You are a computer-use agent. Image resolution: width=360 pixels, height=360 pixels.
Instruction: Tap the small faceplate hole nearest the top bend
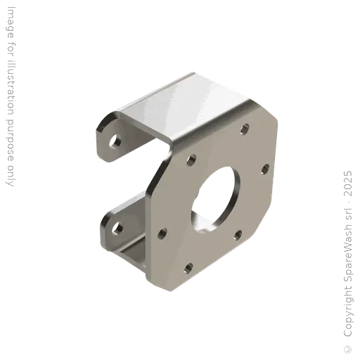[x=245, y=129]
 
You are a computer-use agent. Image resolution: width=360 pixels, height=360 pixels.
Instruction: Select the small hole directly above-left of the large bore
[x=191, y=160]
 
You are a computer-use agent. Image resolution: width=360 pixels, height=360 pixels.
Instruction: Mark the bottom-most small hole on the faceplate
[x=188, y=268]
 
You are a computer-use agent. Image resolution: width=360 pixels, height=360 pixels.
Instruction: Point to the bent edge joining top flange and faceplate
[x=211, y=120]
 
